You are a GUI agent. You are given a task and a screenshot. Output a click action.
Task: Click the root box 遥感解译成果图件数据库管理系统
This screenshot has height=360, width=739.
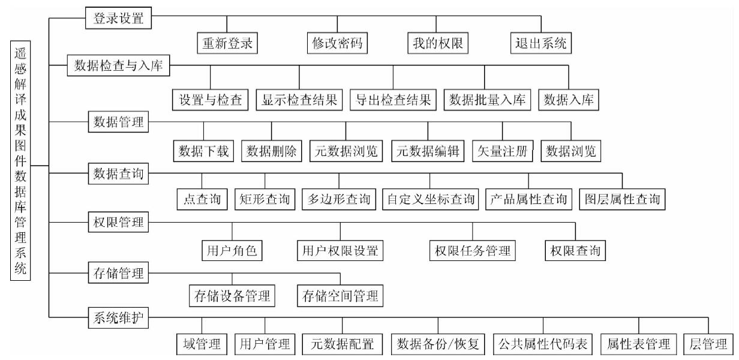20,160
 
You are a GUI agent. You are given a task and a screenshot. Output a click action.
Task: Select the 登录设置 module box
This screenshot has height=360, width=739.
118,18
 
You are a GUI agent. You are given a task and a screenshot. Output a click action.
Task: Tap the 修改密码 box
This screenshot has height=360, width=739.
337,43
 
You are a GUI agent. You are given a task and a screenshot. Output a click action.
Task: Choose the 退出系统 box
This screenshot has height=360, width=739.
541,43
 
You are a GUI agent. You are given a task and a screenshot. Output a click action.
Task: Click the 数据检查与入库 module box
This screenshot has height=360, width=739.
118,65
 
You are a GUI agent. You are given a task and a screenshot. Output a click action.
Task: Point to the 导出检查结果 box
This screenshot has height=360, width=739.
393,100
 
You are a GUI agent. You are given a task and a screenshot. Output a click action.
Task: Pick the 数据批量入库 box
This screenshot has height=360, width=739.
487,100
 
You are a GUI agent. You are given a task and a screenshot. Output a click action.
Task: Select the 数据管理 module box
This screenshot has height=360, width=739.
118,122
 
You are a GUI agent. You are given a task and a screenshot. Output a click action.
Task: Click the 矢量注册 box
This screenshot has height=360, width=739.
503,151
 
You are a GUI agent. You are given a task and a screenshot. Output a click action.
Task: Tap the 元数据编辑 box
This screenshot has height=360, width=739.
428,151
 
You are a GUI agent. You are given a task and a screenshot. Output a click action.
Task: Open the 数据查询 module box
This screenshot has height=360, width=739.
118,173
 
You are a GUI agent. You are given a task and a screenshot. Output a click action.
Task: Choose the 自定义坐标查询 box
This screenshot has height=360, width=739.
431,199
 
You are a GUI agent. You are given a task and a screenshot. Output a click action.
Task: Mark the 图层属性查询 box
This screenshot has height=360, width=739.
622,199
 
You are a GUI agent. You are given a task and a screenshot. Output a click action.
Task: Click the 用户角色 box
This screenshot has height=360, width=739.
232,250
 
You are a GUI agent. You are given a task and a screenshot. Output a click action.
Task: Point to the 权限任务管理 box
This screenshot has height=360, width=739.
473,250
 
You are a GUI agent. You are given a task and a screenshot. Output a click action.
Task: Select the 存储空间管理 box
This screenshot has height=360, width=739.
340,296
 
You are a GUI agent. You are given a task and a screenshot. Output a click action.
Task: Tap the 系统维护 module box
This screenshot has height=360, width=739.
118,318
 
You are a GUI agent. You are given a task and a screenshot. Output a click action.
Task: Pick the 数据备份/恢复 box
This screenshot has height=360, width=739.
438,344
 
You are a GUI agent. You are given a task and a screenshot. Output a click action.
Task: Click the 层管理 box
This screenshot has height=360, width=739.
708,344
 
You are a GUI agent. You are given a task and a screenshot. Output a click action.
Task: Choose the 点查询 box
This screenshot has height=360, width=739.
202,199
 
